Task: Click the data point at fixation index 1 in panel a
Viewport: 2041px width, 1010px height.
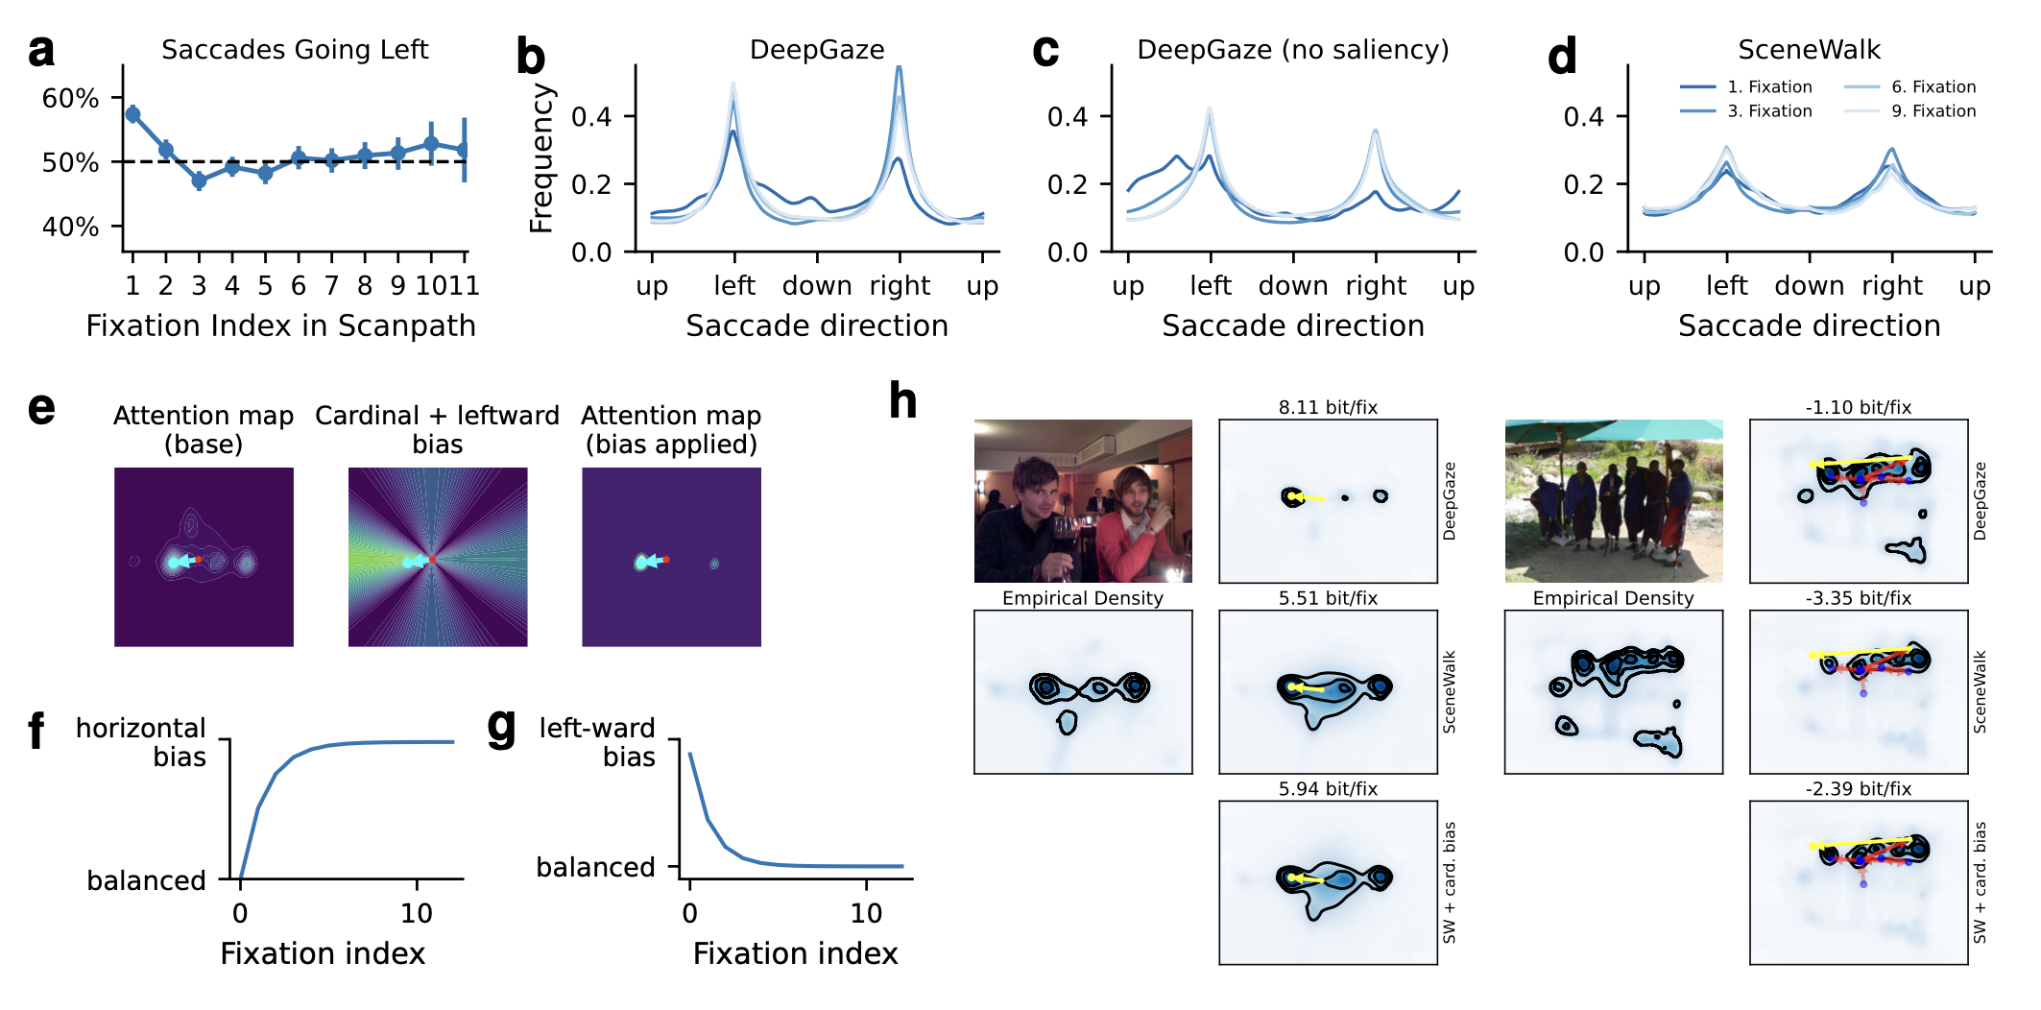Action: (132, 114)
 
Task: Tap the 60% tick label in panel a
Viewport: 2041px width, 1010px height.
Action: (70, 98)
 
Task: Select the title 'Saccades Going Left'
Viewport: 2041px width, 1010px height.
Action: (294, 49)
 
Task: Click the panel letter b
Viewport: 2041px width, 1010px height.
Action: (530, 57)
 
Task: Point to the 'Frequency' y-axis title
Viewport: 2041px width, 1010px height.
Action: (541, 158)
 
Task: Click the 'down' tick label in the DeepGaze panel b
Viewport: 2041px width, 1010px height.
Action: (817, 285)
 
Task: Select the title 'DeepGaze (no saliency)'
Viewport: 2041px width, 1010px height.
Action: (1292, 49)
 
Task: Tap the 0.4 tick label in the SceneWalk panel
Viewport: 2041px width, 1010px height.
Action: (1583, 117)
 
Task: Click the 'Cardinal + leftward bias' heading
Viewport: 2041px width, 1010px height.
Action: (437, 429)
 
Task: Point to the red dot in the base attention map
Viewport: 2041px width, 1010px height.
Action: (199, 559)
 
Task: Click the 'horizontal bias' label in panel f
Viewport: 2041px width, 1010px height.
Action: (141, 742)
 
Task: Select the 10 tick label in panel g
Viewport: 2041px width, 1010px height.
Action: (866, 913)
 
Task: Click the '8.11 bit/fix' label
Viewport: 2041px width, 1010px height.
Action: (1328, 407)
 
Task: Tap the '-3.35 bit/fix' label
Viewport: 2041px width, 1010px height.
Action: (1858, 598)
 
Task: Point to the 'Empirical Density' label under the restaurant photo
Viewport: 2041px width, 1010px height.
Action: (1082, 598)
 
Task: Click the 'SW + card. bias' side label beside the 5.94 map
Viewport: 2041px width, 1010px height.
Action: (1449, 882)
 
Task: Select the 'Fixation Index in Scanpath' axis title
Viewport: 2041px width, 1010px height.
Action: (280, 325)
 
